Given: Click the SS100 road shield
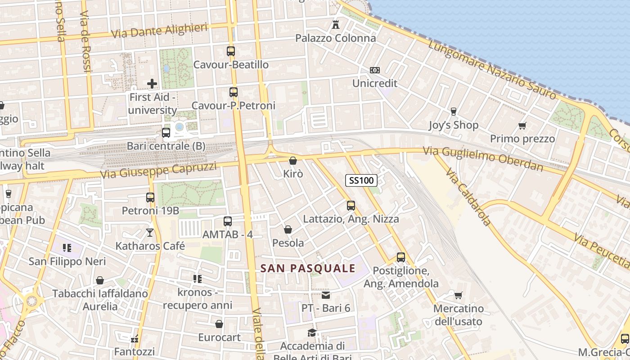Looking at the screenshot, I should (x=361, y=180).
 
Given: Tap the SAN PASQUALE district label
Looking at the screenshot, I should (x=308, y=269).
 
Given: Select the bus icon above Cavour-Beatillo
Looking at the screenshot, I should (x=231, y=51).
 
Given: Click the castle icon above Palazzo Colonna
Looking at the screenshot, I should (x=335, y=25).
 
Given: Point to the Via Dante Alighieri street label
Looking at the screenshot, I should (x=159, y=31).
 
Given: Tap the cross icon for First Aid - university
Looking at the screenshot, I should (x=152, y=83).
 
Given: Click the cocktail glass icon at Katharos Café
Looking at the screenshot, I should (x=150, y=232).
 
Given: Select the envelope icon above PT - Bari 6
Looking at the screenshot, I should (x=326, y=295).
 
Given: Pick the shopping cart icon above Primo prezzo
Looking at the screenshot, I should (x=522, y=126).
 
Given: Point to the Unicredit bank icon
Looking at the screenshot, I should (x=374, y=70).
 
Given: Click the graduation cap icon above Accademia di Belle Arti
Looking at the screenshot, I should (x=312, y=333).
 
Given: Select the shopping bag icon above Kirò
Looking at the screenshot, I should (x=293, y=161).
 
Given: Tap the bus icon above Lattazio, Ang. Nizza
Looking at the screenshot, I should (x=351, y=206).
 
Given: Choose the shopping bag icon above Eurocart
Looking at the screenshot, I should (x=219, y=324).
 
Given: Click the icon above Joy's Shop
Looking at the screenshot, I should (x=453, y=112).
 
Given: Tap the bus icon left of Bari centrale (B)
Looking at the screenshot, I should (x=166, y=133).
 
